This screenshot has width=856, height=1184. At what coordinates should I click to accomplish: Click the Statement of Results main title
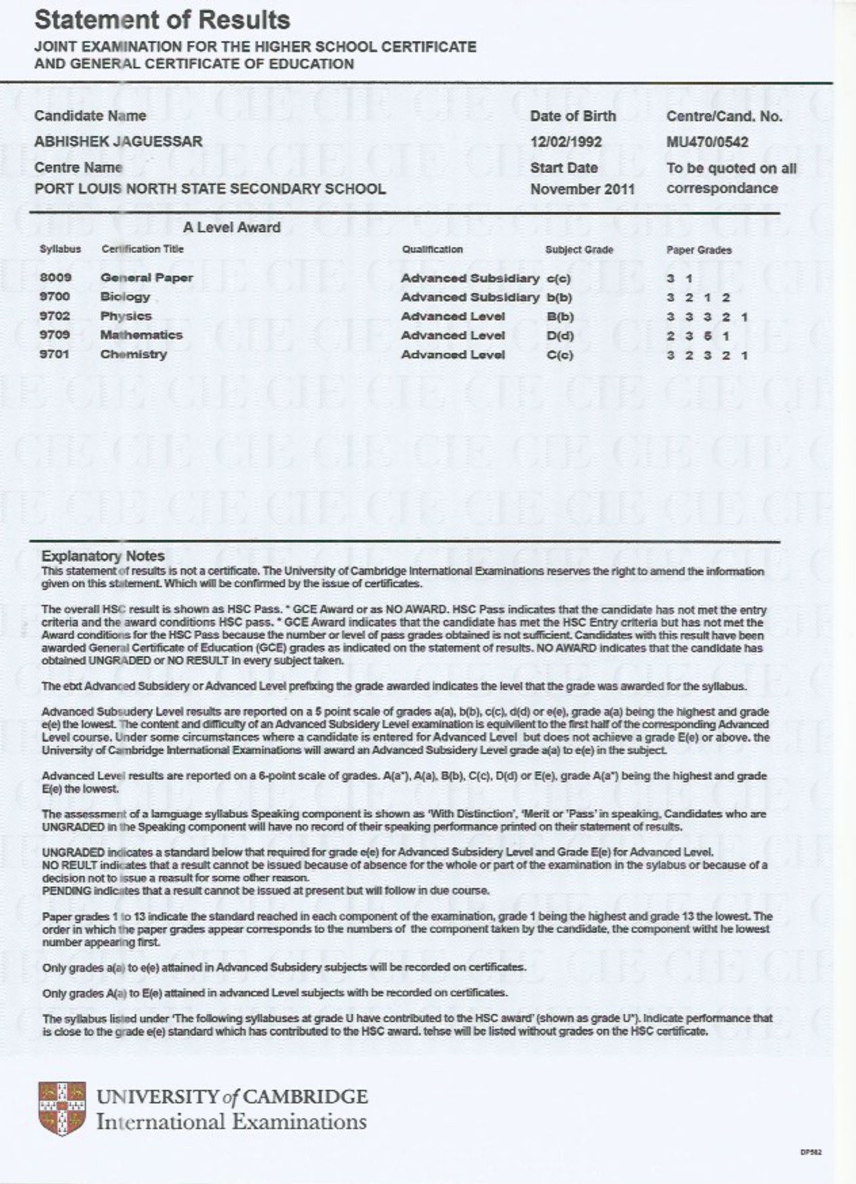162,20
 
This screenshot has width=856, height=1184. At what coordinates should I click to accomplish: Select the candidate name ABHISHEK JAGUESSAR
119,142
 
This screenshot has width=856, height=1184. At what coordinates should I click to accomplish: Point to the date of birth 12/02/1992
565,142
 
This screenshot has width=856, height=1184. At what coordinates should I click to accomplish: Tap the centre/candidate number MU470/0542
707,142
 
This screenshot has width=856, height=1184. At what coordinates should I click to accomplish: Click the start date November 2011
582,189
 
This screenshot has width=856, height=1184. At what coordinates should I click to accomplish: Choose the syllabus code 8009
56,277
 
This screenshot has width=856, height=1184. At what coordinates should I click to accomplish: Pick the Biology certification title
125,297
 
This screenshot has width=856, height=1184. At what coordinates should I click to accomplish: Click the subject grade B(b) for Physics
560,316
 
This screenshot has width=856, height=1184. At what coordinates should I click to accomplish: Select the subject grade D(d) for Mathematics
560,335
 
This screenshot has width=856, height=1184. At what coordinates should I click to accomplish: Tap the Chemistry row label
133,354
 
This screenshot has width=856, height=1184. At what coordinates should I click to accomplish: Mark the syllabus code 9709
54,335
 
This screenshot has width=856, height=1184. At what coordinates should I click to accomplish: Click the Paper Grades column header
699,250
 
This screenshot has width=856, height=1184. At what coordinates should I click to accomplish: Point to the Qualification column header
432,249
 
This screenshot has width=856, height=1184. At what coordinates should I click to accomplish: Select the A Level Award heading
232,228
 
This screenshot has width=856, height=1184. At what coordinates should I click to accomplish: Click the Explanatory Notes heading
103,556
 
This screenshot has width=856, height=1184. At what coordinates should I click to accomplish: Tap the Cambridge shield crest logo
62,1108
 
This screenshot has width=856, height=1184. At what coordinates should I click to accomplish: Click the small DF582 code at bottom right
811,1152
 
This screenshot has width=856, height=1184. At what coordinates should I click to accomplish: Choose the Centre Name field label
79,167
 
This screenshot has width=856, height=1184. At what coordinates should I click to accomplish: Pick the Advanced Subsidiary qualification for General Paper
469,278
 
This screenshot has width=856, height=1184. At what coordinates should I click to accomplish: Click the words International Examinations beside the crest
231,1122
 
